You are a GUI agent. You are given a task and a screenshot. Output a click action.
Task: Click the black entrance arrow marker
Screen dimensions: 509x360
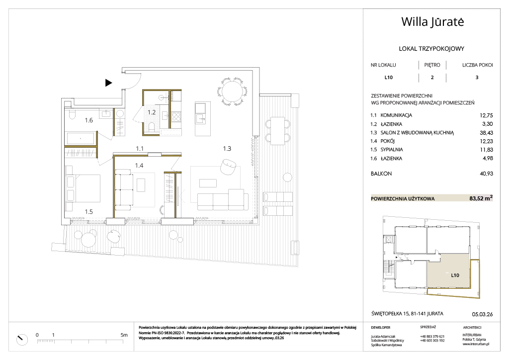pyautogui.click(x=108, y=83)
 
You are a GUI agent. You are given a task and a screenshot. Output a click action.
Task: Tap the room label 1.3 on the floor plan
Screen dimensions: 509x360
pyautogui.click(x=227, y=149)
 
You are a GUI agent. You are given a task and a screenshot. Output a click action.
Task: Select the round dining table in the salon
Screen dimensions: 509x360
pyautogui.click(x=233, y=91)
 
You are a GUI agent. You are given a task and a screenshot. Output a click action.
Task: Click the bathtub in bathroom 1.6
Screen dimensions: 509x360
pyautogui.click(x=81, y=138)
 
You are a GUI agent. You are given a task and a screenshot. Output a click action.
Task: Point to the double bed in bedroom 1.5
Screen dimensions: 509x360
pyautogui.click(x=83, y=188)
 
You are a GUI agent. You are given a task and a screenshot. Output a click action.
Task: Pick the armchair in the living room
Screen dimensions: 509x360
pyautogui.click(x=228, y=167)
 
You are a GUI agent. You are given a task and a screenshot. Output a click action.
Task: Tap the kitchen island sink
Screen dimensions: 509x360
pyautogui.click(x=200, y=119)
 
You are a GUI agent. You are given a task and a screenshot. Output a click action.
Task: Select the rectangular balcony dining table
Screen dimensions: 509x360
pyautogui.click(x=277, y=131)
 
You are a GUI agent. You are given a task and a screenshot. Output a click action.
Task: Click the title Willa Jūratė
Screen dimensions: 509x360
pyautogui.click(x=432, y=22)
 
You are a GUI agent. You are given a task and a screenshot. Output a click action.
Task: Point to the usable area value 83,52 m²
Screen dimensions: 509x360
pyautogui.click(x=481, y=198)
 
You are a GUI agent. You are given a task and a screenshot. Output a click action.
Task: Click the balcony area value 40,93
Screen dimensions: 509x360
pyautogui.click(x=486, y=174)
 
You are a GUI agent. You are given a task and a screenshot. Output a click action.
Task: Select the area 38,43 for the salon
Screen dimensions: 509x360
pyautogui.click(x=486, y=133)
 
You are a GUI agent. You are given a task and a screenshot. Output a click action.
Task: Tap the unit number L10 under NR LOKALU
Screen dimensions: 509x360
pyautogui.click(x=388, y=77)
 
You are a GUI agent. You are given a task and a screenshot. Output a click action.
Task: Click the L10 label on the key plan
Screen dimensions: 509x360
pyautogui.click(x=455, y=275)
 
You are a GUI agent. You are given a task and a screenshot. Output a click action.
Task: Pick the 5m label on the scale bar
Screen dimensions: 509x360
pyautogui.click(x=124, y=335)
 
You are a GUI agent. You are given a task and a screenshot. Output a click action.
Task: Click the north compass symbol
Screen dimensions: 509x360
pyautogui.click(x=22, y=339)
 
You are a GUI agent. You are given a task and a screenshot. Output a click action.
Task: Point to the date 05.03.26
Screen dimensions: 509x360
pyautogui.click(x=482, y=314)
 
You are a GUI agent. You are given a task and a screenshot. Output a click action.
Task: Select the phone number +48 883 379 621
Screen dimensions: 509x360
pyautogui.click(x=432, y=337)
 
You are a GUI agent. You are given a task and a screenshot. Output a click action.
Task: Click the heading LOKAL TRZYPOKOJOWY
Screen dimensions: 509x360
pyautogui.click(x=431, y=49)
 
